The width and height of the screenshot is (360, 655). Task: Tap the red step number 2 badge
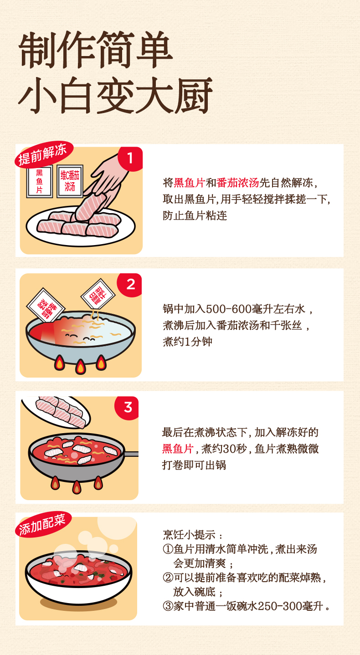coord(130,285)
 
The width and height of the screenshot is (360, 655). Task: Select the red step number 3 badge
coord(127,408)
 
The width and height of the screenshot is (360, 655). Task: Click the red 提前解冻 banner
coord(44,154)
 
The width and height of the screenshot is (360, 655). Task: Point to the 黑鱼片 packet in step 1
coord(40,181)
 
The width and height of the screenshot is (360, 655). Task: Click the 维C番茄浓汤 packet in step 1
coord(70,181)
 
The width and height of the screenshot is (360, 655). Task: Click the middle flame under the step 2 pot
coord(80,367)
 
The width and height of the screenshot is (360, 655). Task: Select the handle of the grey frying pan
coord(131,454)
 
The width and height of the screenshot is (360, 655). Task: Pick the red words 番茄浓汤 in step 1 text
coord(238,183)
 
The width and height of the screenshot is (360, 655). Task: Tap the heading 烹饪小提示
coord(189,535)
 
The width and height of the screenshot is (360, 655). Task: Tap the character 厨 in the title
coord(194,96)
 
